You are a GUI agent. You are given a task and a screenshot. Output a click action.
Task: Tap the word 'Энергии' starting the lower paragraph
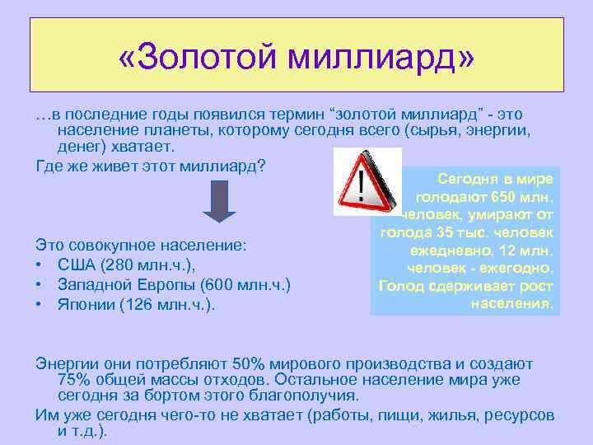click(67, 363)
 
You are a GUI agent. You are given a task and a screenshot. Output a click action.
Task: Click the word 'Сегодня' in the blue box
click(466, 178)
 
